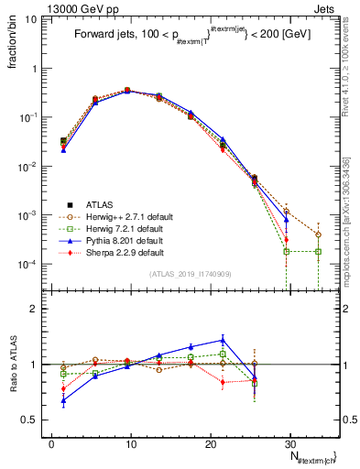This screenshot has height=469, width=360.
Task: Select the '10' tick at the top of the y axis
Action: [35, 19]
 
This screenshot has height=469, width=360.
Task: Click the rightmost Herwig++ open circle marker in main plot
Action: [318, 234]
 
